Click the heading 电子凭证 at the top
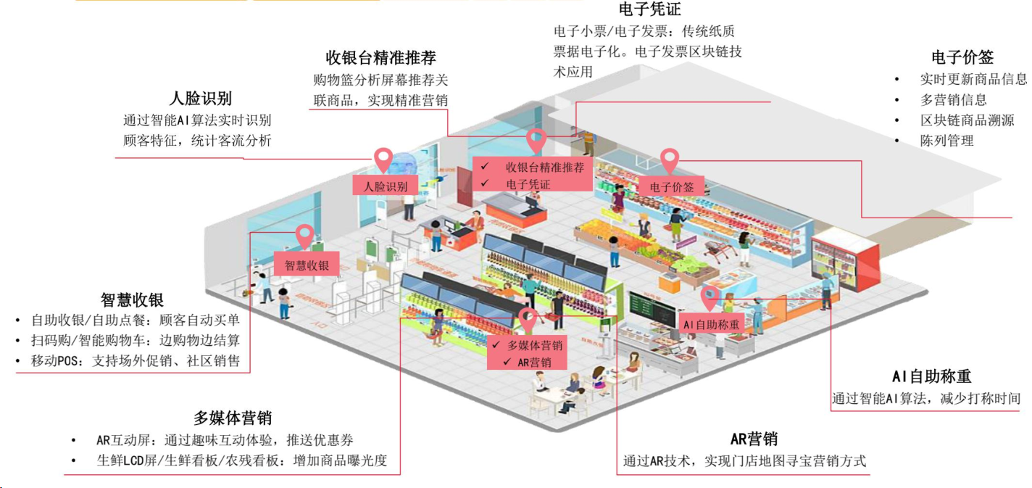pos(650,9)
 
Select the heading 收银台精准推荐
pos(380,57)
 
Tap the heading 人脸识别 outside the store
pos(200,99)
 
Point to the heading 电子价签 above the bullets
pos(962,57)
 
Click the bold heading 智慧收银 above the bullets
pos(132,299)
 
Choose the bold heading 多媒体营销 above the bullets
pos(232,418)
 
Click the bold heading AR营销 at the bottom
pos(754,439)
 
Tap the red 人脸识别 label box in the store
pos(386,186)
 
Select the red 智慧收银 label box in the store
pos(306,265)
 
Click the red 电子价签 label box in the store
pos(672,186)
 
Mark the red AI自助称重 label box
pos(712,324)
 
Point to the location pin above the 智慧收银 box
pos(305,235)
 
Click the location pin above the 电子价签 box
pos(669,158)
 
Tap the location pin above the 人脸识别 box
pos(383,157)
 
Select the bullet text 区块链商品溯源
pos(967,120)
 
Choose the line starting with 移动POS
pos(136,361)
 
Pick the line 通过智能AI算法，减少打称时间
pos(925,398)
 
